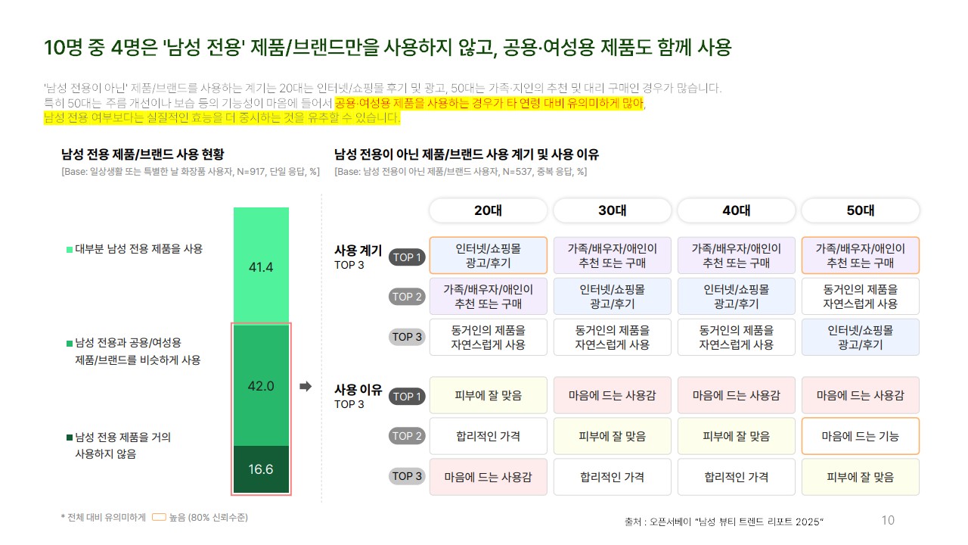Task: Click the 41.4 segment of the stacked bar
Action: pos(261,266)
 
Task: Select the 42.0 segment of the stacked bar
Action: pos(261,385)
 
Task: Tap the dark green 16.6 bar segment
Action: pos(261,469)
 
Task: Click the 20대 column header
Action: pos(488,210)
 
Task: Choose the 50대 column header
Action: pos(860,210)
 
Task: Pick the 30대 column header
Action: pos(612,210)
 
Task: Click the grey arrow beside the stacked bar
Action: pos(306,387)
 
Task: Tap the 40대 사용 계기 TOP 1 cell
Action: pos(736,256)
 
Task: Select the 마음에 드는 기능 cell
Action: pos(860,436)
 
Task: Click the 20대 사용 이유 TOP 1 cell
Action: pos(488,396)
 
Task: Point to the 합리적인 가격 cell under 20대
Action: pos(488,436)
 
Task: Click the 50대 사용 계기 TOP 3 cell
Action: pos(860,338)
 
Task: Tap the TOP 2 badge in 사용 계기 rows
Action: pos(407,297)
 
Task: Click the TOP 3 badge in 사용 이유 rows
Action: pos(407,476)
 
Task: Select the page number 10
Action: pos(888,520)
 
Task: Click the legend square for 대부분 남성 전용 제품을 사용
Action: pos(70,249)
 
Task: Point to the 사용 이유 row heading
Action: pos(358,391)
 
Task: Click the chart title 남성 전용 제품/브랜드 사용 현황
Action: pos(142,154)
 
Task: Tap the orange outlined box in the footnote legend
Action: pos(159,518)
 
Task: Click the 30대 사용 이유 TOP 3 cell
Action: pos(612,477)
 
